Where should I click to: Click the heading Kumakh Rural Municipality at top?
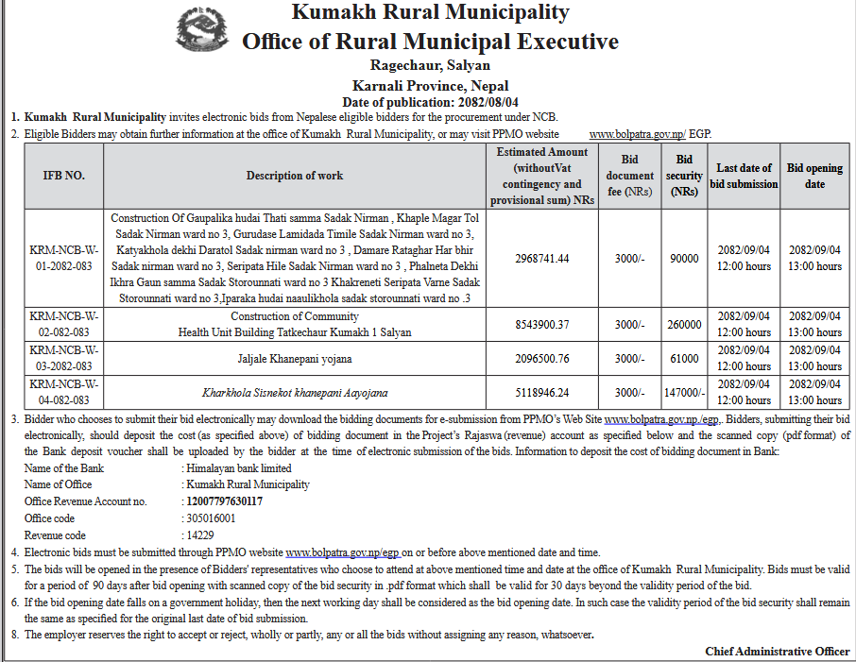430,12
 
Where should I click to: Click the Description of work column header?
295,176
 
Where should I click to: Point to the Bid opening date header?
814,176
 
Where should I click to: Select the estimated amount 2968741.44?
529,258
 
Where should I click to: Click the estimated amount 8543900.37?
529,324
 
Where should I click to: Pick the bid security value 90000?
684,258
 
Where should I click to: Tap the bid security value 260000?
684,324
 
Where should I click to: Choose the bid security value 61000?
684,358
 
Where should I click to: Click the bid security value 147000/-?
684,392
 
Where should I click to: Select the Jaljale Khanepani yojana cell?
295,358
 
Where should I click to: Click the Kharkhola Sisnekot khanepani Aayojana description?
295,392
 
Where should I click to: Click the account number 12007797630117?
225,501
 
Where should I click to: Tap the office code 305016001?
212,518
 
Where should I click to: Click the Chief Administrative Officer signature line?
777,652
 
